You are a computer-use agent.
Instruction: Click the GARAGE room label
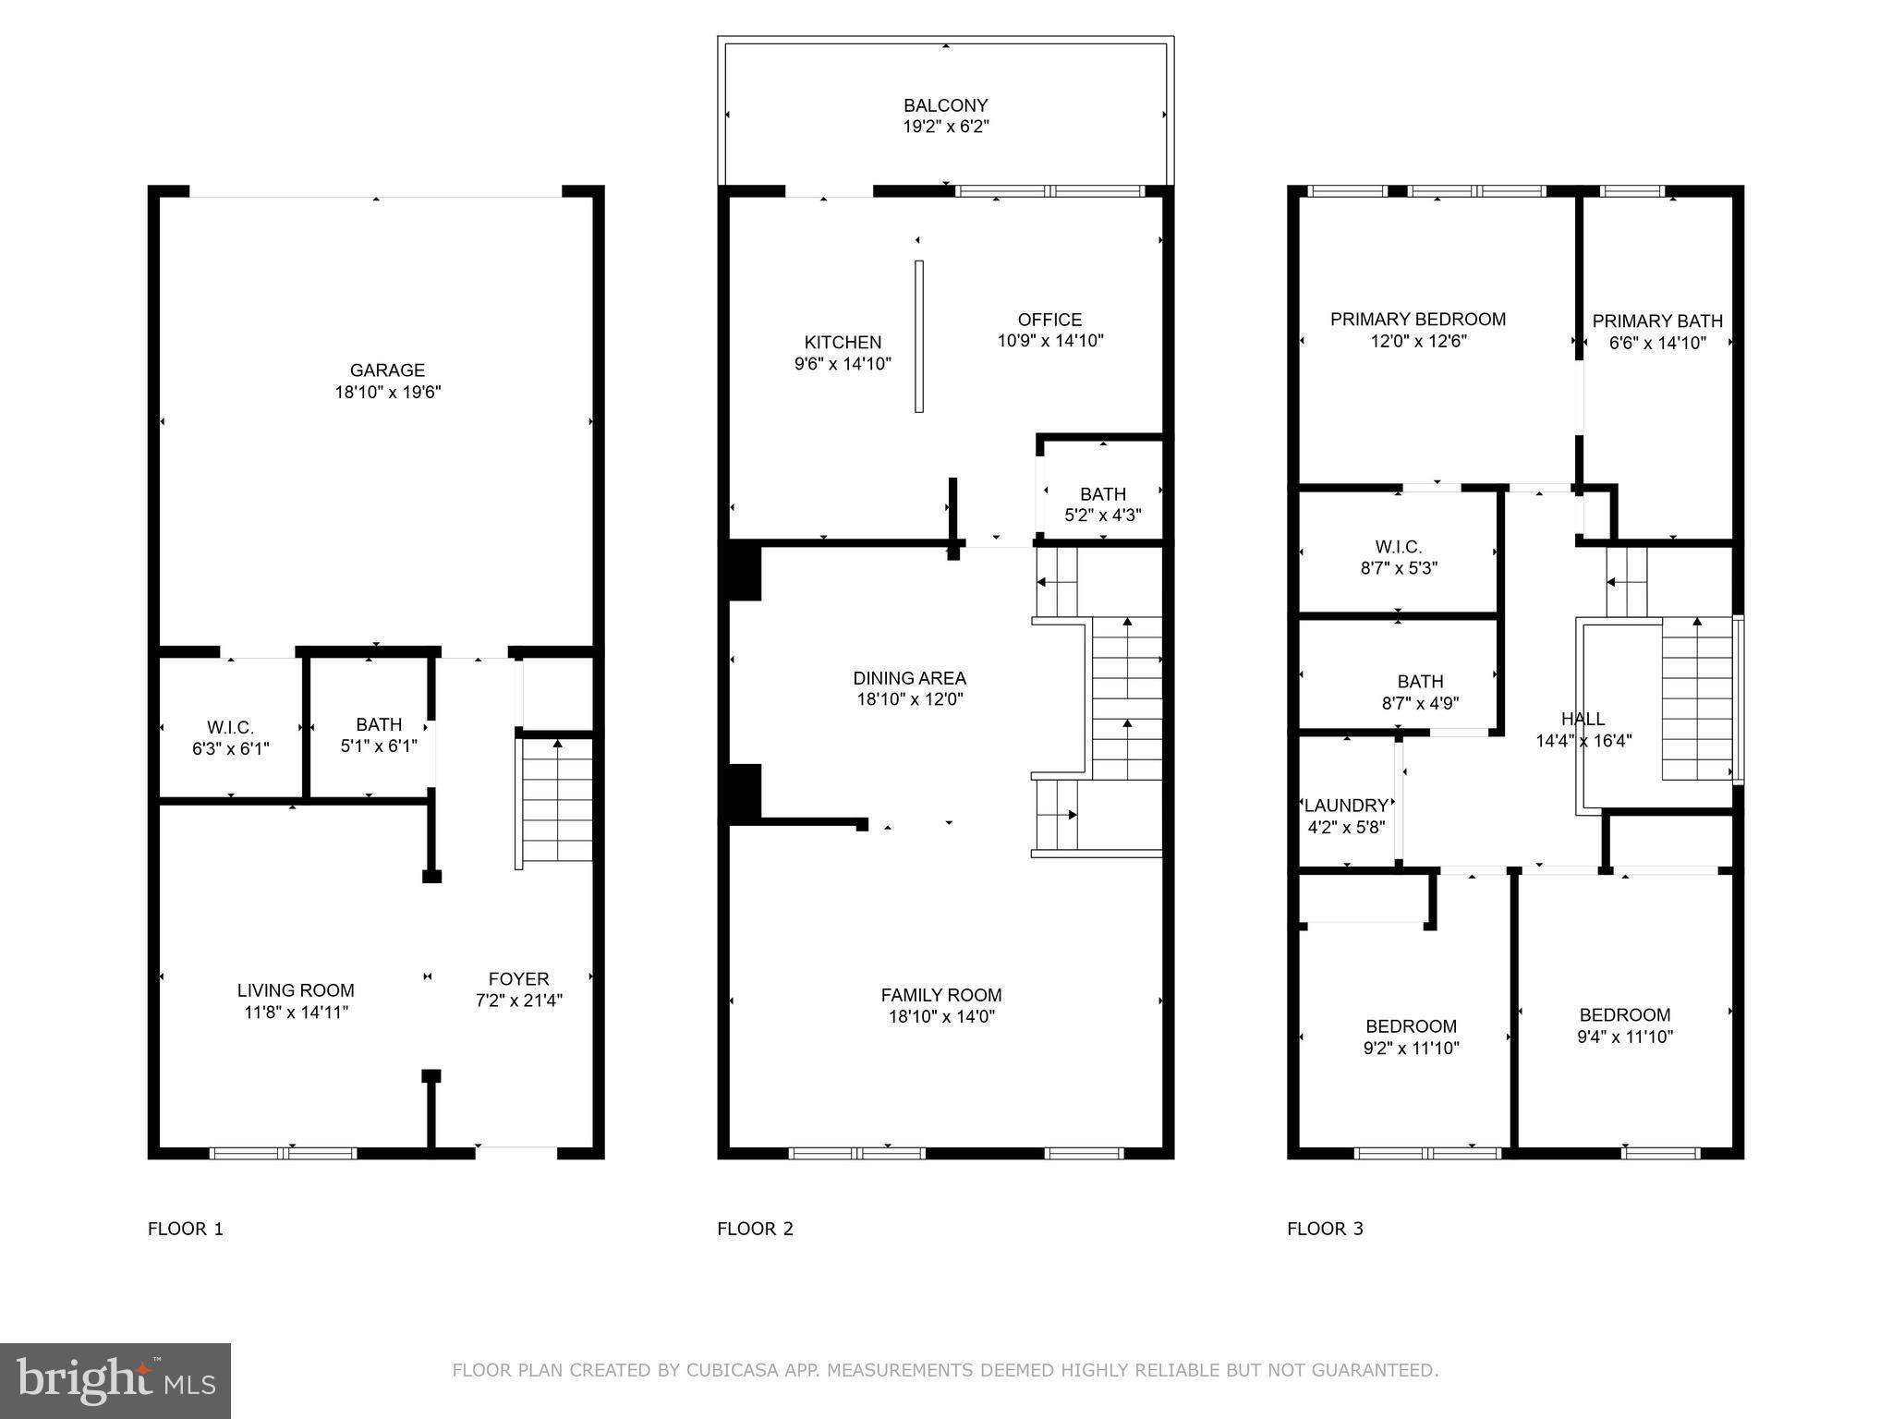point(387,370)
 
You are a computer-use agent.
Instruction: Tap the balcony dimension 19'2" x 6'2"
point(945,127)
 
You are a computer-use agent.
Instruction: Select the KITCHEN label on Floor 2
point(843,343)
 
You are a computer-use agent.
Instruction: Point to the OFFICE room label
point(1049,320)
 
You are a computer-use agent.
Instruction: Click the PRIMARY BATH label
point(1657,321)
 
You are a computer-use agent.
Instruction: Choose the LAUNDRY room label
point(1346,806)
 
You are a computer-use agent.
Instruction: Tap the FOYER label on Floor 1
point(518,979)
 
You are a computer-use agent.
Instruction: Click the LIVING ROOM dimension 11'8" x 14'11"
point(296,1012)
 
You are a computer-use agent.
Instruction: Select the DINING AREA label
point(909,679)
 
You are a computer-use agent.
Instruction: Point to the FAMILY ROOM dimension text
point(941,1016)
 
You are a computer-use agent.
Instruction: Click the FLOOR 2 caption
point(755,1229)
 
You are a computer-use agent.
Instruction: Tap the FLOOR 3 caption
point(1325,1229)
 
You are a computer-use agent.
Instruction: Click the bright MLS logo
point(115,1380)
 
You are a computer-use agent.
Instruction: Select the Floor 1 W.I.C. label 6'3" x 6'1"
point(230,738)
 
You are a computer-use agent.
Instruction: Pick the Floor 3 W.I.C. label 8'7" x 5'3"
point(1399,557)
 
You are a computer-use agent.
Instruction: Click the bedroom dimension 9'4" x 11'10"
point(1624,1037)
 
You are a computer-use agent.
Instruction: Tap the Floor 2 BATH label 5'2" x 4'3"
point(1102,504)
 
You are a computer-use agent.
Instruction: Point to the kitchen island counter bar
point(919,336)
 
